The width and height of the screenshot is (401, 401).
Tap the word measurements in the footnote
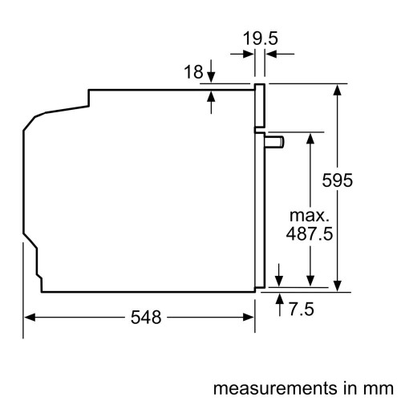point(255,387)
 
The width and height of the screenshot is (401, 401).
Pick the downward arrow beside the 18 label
point(212,75)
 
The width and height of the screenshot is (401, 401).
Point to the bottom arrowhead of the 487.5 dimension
point(308,281)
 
